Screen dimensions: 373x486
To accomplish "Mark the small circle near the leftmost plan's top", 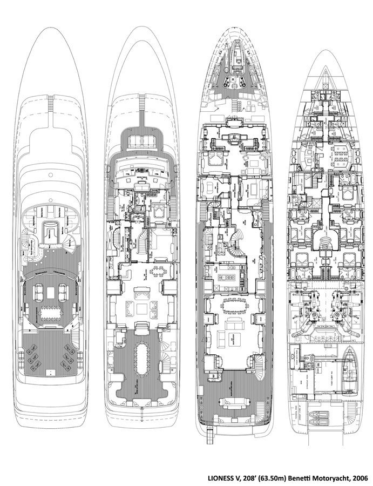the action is (x=50, y=175).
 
